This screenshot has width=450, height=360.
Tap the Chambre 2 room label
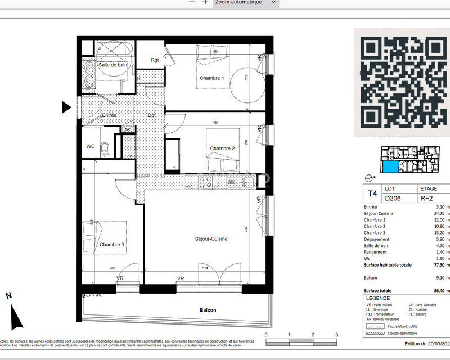point(222,148)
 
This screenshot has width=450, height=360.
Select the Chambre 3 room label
point(111,245)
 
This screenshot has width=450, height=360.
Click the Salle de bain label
point(113,65)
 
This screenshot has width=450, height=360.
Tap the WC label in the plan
point(90,146)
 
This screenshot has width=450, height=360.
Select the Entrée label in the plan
point(109,115)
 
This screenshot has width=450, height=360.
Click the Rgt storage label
point(155,60)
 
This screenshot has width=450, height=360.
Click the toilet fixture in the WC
point(105,148)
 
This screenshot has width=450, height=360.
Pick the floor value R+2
point(427,198)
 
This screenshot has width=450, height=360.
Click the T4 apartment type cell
point(372,194)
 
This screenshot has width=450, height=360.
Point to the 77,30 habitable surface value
point(430,264)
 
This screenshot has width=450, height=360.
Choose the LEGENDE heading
point(377,298)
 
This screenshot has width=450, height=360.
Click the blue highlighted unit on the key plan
point(389,166)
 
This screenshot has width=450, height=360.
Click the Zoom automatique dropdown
point(246,2)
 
